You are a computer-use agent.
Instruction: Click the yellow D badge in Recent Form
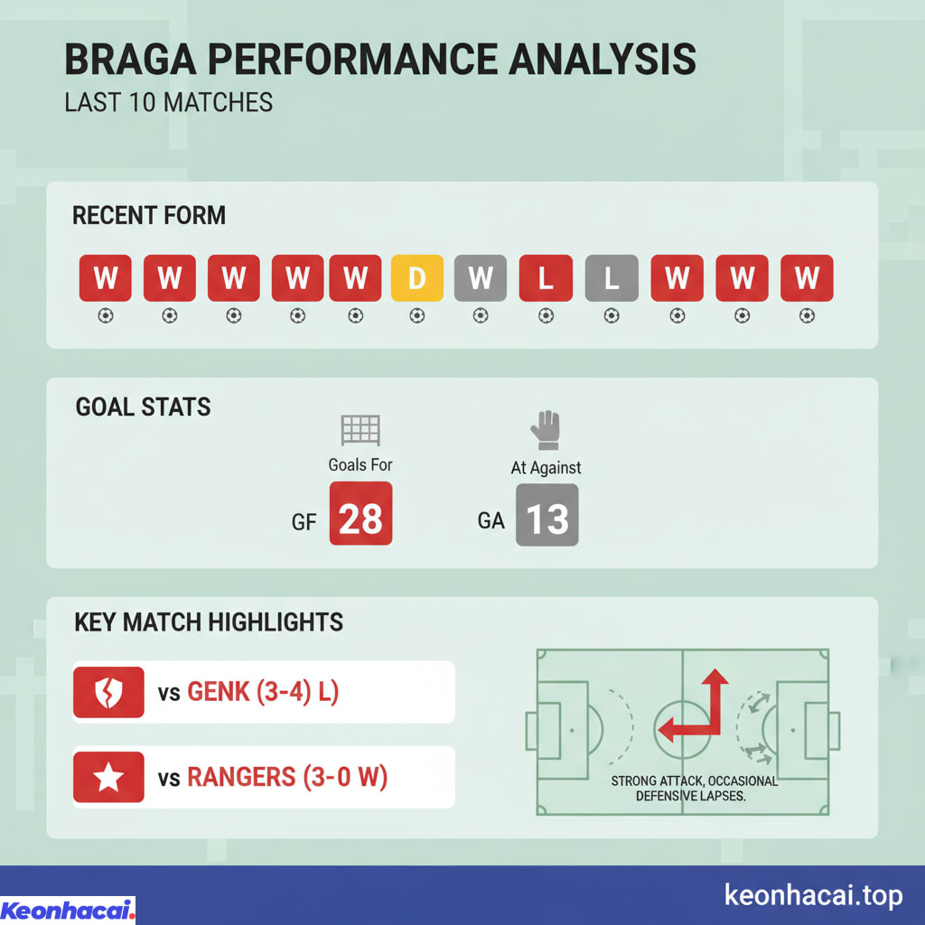pyautogui.click(x=416, y=278)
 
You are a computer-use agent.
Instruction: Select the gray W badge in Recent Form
pyautogui.click(x=481, y=278)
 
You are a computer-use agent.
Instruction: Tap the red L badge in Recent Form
pyautogui.click(x=546, y=278)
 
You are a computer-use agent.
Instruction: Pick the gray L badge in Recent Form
pyautogui.click(x=612, y=278)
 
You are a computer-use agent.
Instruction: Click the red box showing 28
pyautogui.click(x=360, y=514)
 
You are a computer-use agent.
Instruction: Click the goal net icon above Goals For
pyautogui.click(x=360, y=430)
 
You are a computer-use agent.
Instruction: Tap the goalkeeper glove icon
pyautogui.click(x=546, y=430)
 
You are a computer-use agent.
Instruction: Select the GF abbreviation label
pyautogui.click(x=304, y=521)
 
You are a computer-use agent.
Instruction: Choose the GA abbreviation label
pyautogui.click(x=491, y=521)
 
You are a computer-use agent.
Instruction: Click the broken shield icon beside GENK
pyautogui.click(x=108, y=693)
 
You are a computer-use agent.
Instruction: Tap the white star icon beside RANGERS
pyautogui.click(x=108, y=777)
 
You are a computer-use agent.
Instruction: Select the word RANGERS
pyautogui.click(x=241, y=777)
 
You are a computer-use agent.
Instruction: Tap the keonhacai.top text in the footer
pyautogui.click(x=813, y=895)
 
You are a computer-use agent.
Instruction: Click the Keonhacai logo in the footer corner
pyautogui.click(x=68, y=910)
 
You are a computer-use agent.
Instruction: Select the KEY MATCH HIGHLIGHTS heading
pyautogui.click(x=209, y=621)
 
